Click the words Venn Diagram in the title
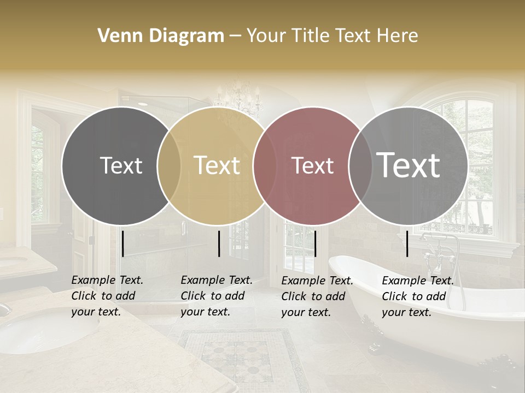161,35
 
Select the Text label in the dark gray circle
121,165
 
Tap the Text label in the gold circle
217,165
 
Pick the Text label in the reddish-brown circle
312,165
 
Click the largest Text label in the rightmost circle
408,165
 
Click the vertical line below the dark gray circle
122,243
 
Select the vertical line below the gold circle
219,243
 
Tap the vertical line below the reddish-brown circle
315,243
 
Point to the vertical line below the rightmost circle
407,243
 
